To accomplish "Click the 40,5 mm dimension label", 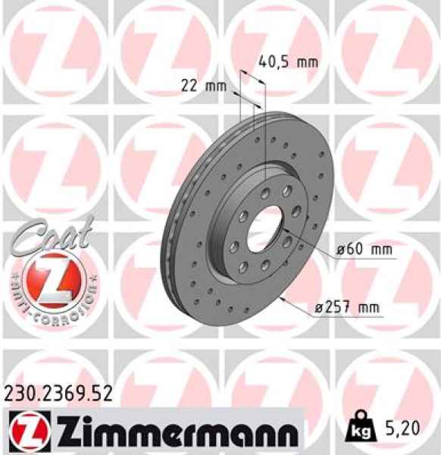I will pos(287,62).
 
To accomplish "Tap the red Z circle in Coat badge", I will pos(51,278).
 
